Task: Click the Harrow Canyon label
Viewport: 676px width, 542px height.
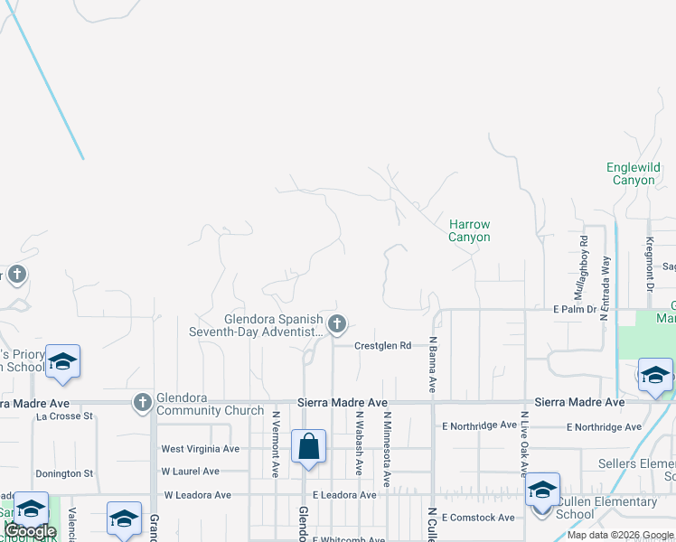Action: click(x=469, y=230)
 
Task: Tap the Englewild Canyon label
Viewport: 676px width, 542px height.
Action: click(x=633, y=173)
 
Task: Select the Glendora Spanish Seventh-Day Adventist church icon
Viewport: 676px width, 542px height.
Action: click(x=337, y=323)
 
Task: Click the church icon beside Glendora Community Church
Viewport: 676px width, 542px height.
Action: click(x=142, y=402)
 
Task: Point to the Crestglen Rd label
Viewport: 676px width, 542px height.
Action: click(x=382, y=346)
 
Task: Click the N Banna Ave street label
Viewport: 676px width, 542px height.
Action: click(x=433, y=364)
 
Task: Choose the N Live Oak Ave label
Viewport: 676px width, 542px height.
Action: click(x=523, y=440)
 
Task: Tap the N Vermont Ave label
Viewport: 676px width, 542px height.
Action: click(x=275, y=444)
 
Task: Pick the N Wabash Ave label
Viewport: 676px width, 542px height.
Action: click(x=359, y=444)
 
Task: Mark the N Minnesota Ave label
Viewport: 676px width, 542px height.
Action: click(x=387, y=450)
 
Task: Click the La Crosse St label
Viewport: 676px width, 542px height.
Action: click(x=65, y=416)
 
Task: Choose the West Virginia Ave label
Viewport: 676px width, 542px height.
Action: click(x=200, y=449)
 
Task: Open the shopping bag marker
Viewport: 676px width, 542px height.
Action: click(x=308, y=447)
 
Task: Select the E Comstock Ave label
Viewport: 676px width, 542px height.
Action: click(x=477, y=518)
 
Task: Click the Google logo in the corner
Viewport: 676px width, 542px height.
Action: click(x=30, y=532)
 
